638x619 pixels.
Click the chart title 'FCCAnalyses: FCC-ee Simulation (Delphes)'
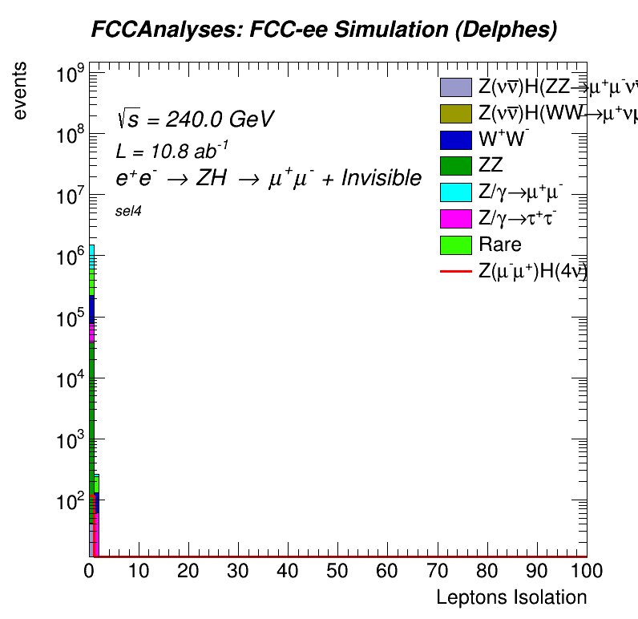point(324,30)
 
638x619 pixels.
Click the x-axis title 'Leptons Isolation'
point(511,597)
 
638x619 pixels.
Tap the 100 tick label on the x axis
point(587,571)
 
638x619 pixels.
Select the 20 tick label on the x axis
point(188,571)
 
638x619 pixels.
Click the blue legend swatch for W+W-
point(455,140)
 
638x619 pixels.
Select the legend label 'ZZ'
point(491,166)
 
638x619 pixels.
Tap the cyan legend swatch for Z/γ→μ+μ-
point(455,192)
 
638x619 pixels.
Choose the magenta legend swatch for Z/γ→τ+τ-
point(455,218)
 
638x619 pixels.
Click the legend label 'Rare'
point(499,245)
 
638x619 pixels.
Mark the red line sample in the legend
point(455,272)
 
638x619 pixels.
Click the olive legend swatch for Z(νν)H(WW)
point(455,113)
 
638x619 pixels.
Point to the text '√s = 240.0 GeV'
point(195,119)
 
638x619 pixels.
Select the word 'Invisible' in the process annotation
point(382,178)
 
